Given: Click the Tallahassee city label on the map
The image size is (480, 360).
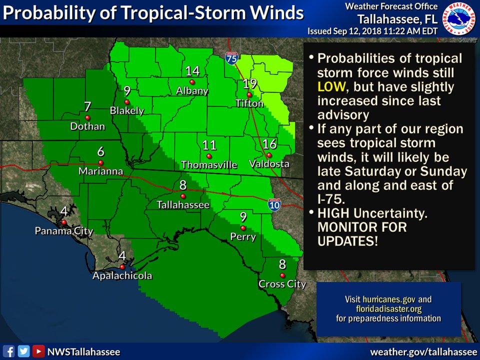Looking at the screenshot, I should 183,204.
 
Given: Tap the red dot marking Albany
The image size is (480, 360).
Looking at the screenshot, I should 192,82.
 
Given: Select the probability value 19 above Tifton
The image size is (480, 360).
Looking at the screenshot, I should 249,83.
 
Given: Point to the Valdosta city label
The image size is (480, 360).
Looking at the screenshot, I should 269,163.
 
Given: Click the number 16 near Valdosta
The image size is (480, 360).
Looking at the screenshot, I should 269,144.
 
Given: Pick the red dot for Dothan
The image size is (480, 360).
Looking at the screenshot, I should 87,117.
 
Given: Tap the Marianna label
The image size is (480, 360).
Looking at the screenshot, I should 100,171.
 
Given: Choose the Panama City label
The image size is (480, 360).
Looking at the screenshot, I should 63,231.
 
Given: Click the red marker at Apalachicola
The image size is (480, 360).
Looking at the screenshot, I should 122,266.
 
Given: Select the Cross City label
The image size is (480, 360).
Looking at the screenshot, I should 282,284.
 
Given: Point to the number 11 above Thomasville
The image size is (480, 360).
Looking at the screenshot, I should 209,145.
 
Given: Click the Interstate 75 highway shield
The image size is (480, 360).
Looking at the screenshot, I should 231,58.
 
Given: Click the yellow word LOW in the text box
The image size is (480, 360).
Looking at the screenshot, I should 330,87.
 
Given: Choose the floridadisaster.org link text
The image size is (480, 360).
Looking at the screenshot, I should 388,309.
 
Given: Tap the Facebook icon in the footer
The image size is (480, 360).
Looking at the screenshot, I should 8,351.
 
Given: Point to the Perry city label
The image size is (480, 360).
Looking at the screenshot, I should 243,236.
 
